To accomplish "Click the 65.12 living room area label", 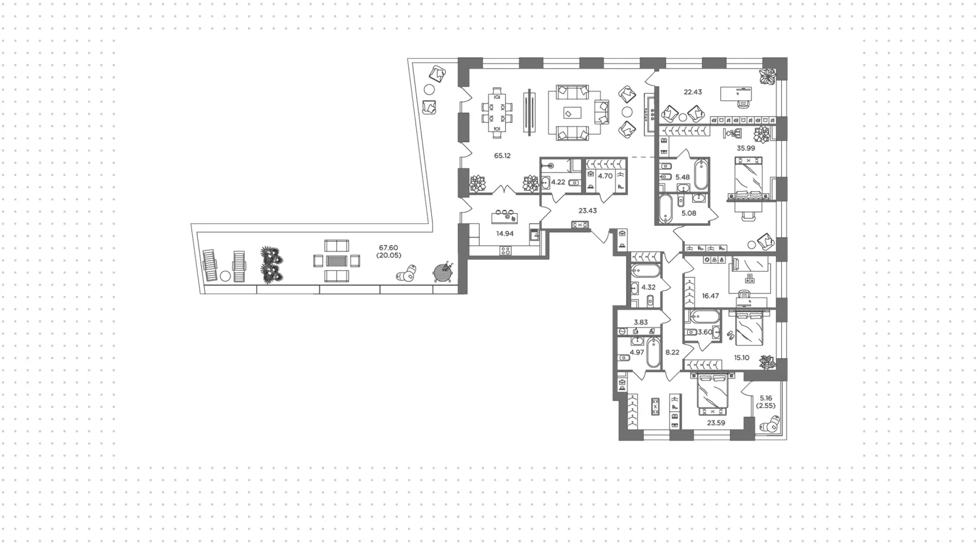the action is point(502,155).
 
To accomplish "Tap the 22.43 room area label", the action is point(693,92).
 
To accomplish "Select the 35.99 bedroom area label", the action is point(746,148).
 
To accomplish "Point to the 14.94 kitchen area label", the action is point(505,233).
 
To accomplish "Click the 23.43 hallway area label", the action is point(588,211).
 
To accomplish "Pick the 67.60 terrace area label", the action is point(388,247).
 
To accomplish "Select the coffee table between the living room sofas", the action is point(572,113).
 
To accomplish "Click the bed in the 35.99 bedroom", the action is point(749,179).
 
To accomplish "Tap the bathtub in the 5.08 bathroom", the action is point(666,208).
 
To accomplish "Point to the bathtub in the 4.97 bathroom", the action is point(654,352).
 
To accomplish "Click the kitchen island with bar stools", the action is point(505,217).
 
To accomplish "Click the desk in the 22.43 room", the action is point(736,94).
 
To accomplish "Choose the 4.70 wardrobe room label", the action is point(605,176).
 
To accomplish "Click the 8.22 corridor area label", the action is point(672,352).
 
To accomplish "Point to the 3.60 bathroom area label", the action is point(704,332).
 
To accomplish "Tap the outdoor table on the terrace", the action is point(336,261).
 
